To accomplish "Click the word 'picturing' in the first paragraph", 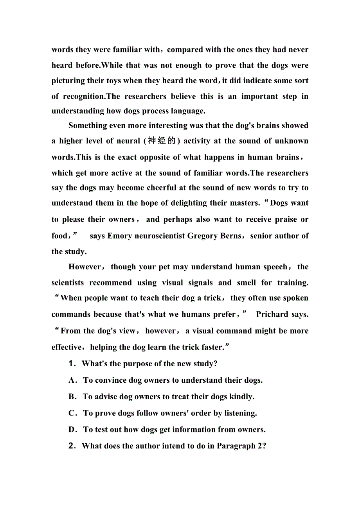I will point(68,81).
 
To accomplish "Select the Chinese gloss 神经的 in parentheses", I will point(162,141).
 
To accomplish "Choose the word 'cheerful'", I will point(162,188).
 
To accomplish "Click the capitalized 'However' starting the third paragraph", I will point(85,267).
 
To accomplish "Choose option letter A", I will point(72,380).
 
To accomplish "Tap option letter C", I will point(72,413).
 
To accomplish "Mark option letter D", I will point(72,429).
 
